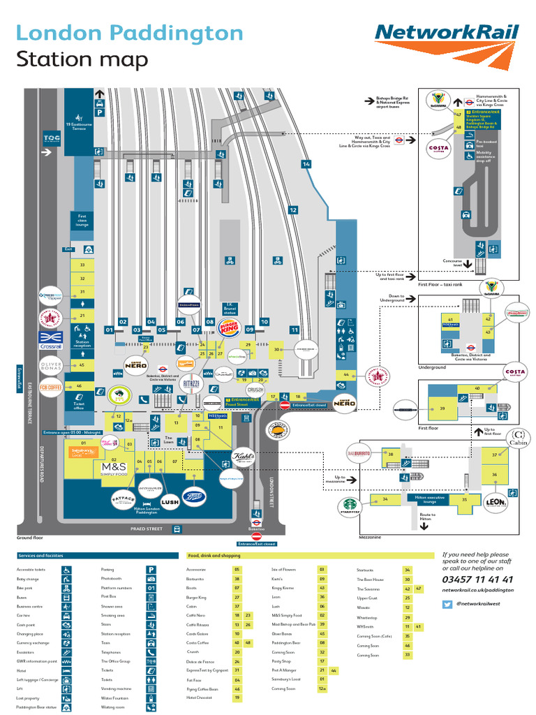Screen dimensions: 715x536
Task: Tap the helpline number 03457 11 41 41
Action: coord(477,580)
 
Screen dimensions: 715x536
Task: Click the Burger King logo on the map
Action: coord(228,327)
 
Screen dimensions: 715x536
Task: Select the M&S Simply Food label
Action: coord(114,469)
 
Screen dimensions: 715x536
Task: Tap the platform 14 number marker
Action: coord(306,164)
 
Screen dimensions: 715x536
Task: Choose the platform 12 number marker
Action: coord(293,209)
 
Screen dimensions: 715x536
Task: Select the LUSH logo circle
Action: coord(170,500)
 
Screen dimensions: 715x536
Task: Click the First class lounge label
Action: coord(82,221)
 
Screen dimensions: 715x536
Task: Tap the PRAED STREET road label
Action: coord(146,529)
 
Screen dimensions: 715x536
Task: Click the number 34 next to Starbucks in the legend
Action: coord(408,570)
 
